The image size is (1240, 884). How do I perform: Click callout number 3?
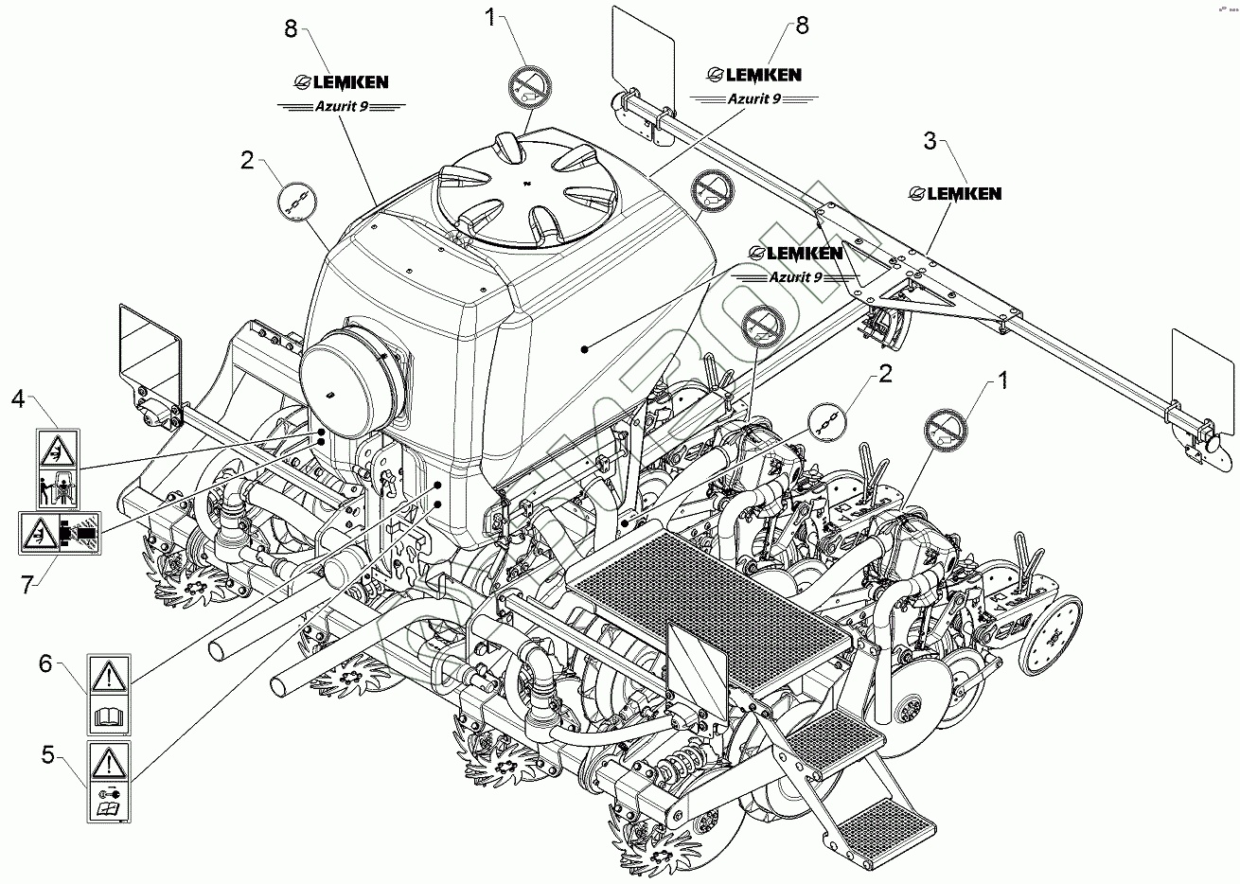(x=930, y=142)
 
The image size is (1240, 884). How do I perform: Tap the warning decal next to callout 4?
(x=58, y=469)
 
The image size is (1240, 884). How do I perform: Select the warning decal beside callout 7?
(x=59, y=532)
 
